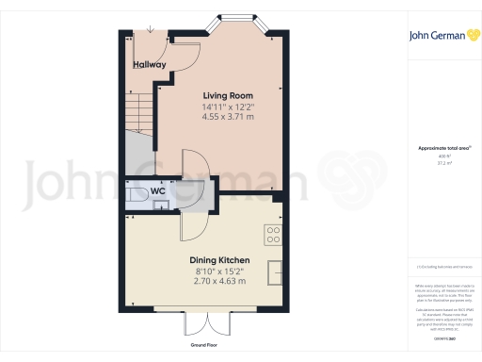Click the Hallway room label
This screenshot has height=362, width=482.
point(149,65)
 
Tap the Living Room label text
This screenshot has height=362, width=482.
point(227,95)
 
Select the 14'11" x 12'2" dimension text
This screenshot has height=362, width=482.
point(227,107)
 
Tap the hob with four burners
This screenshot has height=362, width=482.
point(275,233)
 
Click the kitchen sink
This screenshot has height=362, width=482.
point(277,271)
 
